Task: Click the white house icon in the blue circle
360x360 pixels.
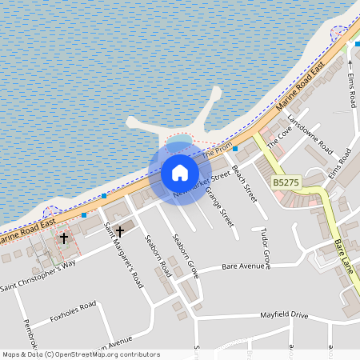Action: (180, 172)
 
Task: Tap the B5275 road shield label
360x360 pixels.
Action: (286, 183)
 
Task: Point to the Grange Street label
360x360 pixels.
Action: (218, 205)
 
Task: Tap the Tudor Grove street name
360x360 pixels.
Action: (265, 246)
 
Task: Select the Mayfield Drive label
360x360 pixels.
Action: (283, 315)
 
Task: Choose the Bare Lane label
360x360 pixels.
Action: (344, 257)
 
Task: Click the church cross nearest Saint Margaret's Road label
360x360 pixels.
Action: (120, 231)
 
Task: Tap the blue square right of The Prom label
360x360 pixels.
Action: (234, 149)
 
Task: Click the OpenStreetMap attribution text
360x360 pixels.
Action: (81, 354)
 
